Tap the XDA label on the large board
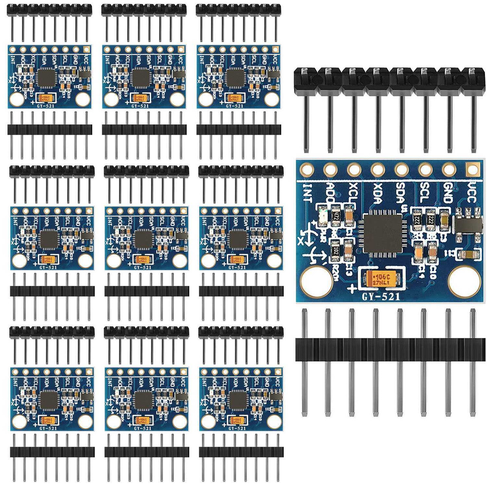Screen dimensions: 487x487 [377, 192]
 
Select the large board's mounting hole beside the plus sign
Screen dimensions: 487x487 [317, 282]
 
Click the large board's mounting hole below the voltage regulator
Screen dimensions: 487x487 [464, 282]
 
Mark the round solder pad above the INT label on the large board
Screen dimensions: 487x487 [307, 169]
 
